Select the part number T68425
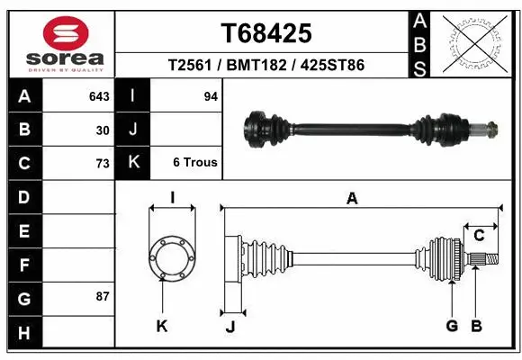pos(266,33)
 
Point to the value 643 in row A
pos(99,96)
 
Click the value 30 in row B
pos(103,130)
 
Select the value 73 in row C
pos(102,163)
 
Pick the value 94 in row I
pos(211,96)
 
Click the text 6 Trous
pos(194,163)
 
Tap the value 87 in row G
pos(102,295)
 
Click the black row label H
pos(24,333)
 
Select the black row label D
pos(24,196)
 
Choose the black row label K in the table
pos(133,163)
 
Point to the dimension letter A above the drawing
pos(352,199)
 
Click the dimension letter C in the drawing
pos(479,236)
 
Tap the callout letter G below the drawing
pos(452,326)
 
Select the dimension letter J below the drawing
pos(230,327)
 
